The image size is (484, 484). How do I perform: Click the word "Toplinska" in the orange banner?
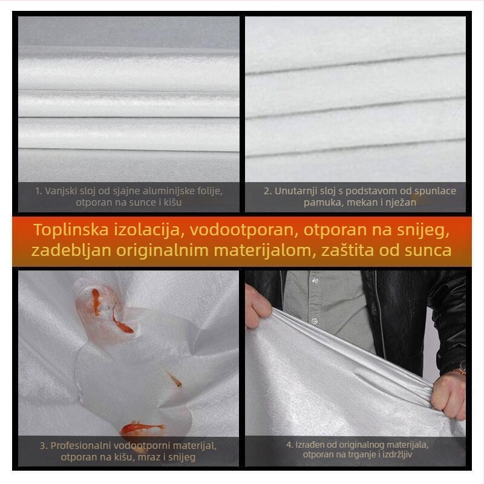click(71, 230)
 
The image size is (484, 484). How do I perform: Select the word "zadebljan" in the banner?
click(71, 250)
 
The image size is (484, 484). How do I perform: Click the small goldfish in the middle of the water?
click(174, 379)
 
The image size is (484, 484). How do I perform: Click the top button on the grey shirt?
click(315, 280)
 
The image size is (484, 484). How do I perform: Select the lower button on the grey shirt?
click(314, 321)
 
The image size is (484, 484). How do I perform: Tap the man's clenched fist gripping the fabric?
click(449, 396)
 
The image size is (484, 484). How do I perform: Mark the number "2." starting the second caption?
click(267, 191)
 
